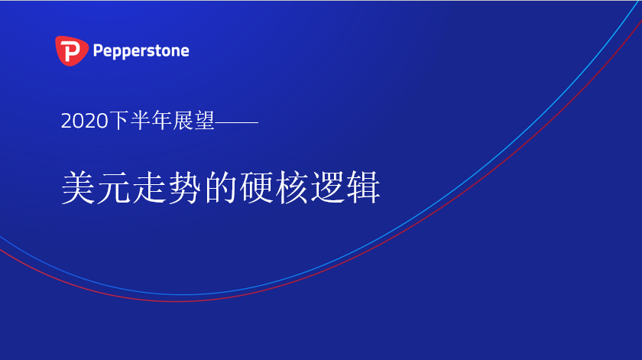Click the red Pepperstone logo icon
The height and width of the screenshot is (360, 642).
72,50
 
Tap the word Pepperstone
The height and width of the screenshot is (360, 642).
141,51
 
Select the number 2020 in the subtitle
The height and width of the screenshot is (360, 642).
85,122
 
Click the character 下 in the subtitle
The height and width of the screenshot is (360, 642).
119,121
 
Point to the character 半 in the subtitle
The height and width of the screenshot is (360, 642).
140,121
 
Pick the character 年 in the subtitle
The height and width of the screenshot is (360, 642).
161,121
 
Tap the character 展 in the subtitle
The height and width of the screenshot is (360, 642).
183,121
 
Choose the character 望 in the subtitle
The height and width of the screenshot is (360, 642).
204,121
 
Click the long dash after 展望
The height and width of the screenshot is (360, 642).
237,122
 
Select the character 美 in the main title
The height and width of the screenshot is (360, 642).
79,187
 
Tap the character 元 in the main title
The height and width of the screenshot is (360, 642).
114,187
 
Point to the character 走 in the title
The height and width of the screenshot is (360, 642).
150,187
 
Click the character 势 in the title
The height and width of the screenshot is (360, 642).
185,187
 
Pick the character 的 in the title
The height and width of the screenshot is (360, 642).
221,187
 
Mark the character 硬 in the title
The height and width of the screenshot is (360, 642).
257,187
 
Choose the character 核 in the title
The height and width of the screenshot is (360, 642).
292,187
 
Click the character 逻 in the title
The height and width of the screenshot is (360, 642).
328,187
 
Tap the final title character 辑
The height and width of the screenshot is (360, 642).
363,187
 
